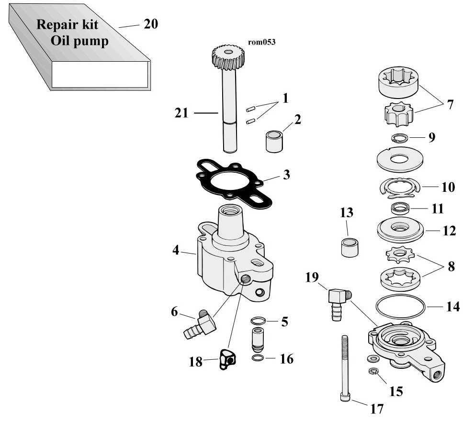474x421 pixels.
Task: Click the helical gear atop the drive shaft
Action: point(228,57)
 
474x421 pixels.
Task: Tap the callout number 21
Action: point(181,113)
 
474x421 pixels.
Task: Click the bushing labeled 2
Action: point(274,141)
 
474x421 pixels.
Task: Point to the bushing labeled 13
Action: point(350,247)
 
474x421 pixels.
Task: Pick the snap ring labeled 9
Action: point(399,138)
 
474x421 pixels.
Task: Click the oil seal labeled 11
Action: point(401,208)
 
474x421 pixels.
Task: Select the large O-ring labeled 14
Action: point(401,307)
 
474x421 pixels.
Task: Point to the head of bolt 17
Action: point(345,398)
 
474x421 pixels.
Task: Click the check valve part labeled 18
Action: point(227,359)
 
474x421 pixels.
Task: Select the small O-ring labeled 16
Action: point(257,358)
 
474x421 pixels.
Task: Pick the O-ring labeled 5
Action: point(258,320)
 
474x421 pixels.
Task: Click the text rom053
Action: point(262,42)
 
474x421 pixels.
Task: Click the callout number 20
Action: point(150,24)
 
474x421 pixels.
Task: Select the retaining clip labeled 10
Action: point(400,189)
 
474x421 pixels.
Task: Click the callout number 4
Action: point(176,250)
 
